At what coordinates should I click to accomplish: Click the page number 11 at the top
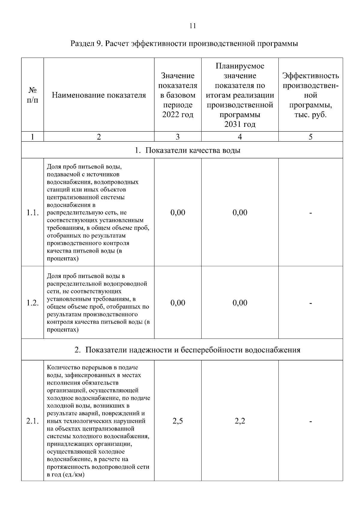[x=193, y=26]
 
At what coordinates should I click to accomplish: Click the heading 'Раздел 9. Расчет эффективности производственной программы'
[x=184, y=44]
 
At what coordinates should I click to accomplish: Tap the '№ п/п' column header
[x=32, y=95]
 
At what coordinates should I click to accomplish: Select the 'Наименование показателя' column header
[x=99, y=95]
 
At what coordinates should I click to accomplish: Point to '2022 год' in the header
[x=178, y=115]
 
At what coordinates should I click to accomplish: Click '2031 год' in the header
[x=240, y=124]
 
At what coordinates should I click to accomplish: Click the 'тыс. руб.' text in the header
[x=310, y=115]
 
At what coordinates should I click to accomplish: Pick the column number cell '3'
[x=178, y=137]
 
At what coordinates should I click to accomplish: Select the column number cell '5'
[x=310, y=137]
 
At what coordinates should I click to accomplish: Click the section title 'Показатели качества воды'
[x=193, y=150]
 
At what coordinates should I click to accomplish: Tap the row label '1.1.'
[x=32, y=213]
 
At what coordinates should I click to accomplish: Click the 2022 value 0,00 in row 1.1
[x=178, y=213]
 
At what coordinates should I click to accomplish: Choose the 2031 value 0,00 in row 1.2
[x=240, y=303]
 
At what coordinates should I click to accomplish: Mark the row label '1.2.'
[x=32, y=303]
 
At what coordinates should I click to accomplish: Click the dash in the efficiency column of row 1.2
[x=310, y=303]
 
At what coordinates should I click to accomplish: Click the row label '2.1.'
[x=32, y=421]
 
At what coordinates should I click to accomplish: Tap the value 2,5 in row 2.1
[x=178, y=421]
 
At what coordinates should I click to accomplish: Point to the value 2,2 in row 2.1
[x=240, y=421]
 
